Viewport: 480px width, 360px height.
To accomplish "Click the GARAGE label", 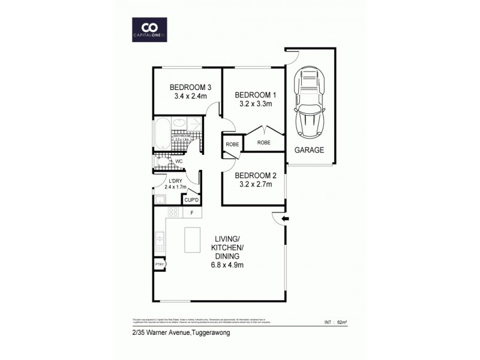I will tap(308, 150).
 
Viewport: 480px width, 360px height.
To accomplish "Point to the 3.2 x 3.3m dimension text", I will tap(253, 103).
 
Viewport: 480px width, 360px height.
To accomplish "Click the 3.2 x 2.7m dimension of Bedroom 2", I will tap(253, 184).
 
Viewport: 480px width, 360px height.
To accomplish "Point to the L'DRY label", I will tap(175, 181).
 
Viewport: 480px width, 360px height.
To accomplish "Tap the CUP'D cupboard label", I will tap(191, 199).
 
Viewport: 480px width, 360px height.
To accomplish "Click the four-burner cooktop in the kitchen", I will tap(174, 212).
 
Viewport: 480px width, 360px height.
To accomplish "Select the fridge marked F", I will tap(191, 212).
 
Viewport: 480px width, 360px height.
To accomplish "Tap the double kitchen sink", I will tap(160, 241).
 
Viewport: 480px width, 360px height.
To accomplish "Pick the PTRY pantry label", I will tap(160, 263).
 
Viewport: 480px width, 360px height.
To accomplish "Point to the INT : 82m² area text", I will tap(335, 323).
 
